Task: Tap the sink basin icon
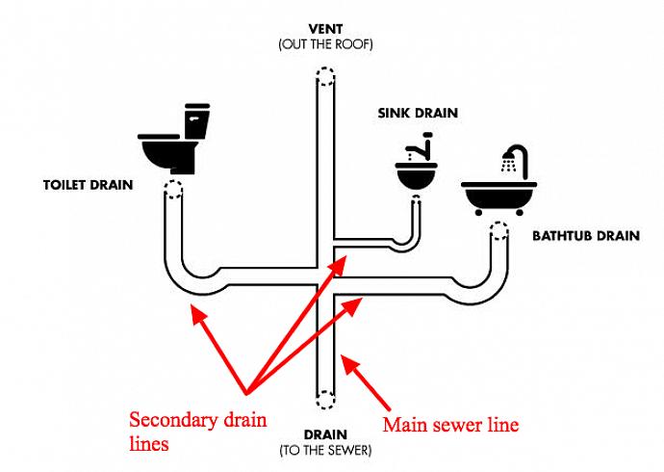click(x=415, y=175)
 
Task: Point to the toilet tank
click(x=196, y=121)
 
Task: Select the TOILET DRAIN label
click(x=88, y=183)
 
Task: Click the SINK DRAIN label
click(x=418, y=113)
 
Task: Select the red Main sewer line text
click(x=451, y=424)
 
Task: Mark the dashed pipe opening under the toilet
click(x=173, y=188)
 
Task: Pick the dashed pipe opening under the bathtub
click(x=499, y=230)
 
